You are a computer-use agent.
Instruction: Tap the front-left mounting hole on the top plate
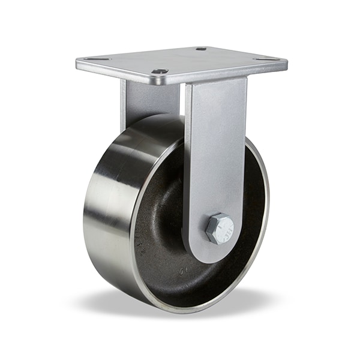pyautogui.click(x=160, y=71)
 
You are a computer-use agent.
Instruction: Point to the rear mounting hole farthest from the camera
pyautogui.click(x=201, y=49)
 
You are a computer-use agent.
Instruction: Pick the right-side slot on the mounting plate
pyautogui.click(x=266, y=59)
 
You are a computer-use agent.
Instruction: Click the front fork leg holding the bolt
pyautogui.click(x=215, y=150)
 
